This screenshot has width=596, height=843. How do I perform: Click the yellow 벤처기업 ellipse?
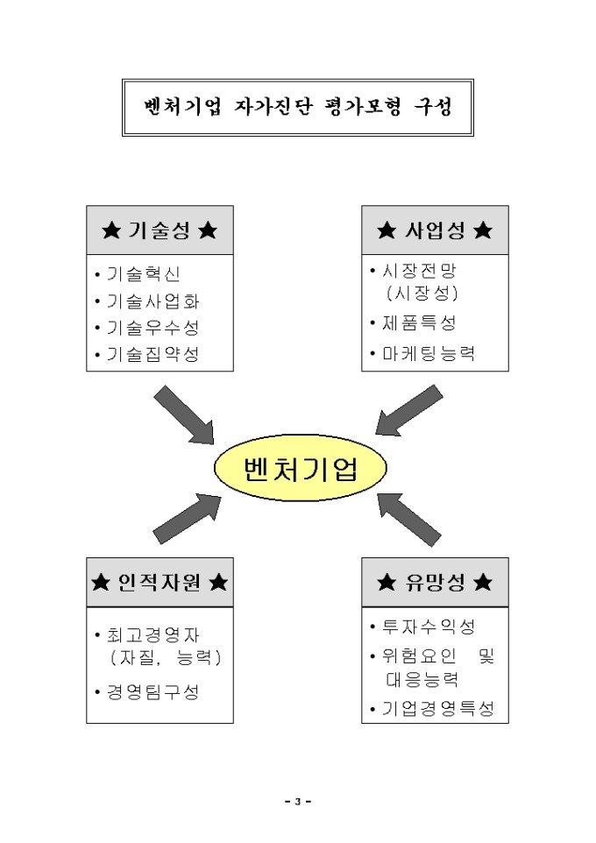(300, 468)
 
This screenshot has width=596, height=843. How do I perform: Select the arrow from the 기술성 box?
(185, 414)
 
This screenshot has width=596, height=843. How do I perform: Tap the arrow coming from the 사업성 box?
(408, 410)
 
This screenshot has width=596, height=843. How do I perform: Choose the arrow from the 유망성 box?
(408, 520)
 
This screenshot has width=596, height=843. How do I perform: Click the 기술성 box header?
(160, 230)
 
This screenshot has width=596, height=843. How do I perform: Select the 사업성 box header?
(435, 230)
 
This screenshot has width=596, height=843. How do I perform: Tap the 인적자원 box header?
(160, 582)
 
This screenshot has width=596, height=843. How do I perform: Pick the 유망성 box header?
(435, 582)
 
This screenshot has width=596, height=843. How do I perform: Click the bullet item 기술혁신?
(138, 273)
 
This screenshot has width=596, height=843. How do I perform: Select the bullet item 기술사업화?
(147, 301)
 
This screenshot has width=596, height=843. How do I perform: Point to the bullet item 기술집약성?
(147, 354)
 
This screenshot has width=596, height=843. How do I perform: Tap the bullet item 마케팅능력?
(422, 353)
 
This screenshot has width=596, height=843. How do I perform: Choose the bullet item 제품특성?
(413, 322)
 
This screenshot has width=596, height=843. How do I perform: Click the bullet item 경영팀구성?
(147, 691)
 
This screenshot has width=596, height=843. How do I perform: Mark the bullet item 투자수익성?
(422, 626)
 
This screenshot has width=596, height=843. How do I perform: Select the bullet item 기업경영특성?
(432, 708)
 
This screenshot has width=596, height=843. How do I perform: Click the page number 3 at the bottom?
(298, 802)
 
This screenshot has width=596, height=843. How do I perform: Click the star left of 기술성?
(111, 230)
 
